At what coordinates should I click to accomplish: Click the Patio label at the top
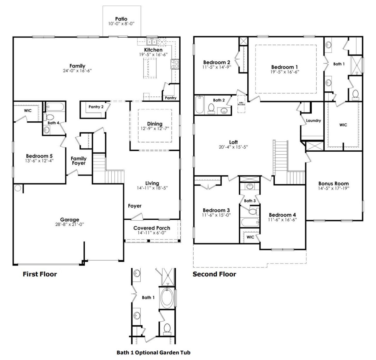pos(121,19)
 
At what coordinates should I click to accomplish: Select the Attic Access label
pos(241,103)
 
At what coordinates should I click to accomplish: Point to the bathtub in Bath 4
pos(55,107)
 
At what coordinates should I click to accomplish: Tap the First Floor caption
pos(40,274)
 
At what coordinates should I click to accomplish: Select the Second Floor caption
pos(214,274)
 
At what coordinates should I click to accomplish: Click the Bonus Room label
pos(333,183)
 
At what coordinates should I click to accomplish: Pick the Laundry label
pos(313,120)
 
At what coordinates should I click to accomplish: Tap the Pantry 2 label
pos(96,107)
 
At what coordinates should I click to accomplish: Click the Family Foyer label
pos(78,161)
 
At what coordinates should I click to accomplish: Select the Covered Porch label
pos(152,228)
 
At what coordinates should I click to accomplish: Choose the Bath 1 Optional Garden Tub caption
pos(153,352)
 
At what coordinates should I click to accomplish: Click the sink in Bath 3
pos(250,186)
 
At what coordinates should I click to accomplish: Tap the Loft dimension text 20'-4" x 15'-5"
pos(234,147)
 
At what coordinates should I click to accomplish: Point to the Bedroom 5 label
pos(39,156)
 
